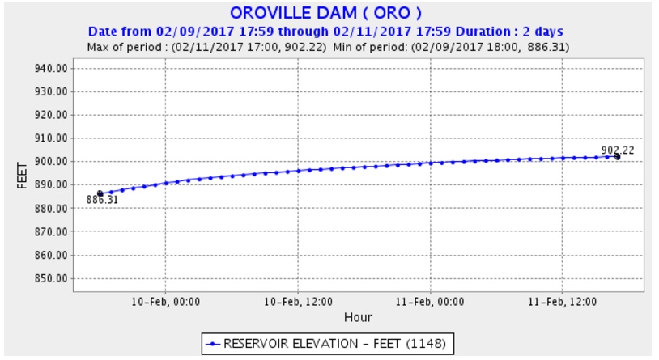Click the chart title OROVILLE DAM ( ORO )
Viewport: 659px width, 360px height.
(325, 14)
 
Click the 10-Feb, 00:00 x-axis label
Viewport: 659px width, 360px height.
(165, 301)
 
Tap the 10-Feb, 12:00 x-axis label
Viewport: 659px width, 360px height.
(298, 301)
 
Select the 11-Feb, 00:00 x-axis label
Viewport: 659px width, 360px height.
(430, 301)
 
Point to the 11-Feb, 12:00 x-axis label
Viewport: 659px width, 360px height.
(563, 301)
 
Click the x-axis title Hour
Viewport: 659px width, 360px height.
(357, 317)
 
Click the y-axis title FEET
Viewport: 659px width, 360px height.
(23, 174)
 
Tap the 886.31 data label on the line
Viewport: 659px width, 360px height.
(102, 200)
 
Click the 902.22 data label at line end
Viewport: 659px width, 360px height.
(618, 150)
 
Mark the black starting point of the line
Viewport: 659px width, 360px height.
(100, 193)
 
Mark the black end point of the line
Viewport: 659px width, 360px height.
(618, 156)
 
